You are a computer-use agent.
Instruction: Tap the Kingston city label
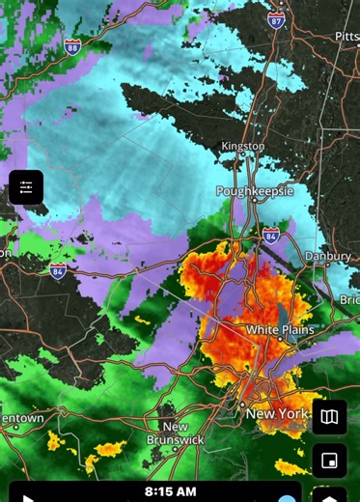[x=242, y=146]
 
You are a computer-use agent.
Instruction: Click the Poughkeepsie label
[x=253, y=191]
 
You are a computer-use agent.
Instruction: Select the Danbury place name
[x=329, y=256]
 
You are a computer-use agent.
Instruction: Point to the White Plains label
[x=280, y=329]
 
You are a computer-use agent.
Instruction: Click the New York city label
[x=278, y=414]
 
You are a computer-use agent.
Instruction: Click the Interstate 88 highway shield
[x=72, y=45]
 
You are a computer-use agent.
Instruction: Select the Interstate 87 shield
[x=276, y=19]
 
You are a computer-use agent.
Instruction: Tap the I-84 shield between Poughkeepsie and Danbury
[x=271, y=235]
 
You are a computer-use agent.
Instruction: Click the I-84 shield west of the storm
[x=58, y=269]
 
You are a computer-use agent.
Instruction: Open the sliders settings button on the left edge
[x=26, y=187]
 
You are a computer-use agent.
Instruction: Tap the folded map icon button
[x=329, y=417]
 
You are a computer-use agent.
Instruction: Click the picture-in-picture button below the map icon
[x=329, y=461]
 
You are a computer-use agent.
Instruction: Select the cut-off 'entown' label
[x=21, y=419]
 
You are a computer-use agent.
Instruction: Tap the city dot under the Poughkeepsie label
[x=254, y=201]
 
